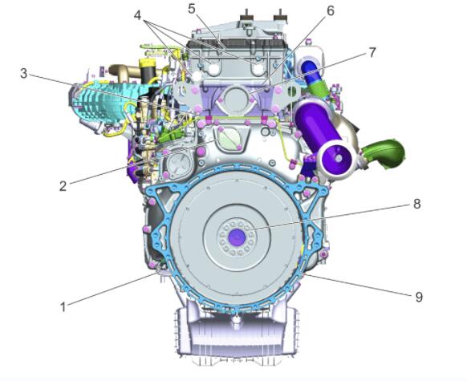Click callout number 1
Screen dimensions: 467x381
(63, 307)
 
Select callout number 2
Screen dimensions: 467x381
(63, 186)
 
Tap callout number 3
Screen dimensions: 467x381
(24, 73)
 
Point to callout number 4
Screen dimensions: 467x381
(137, 15)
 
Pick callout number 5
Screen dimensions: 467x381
(192, 9)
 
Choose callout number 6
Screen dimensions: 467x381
(331, 10)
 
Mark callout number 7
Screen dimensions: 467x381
(372, 53)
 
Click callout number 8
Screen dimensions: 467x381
(417, 204)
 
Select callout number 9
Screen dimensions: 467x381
(419, 297)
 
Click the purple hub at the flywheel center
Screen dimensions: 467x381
(237, 237)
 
